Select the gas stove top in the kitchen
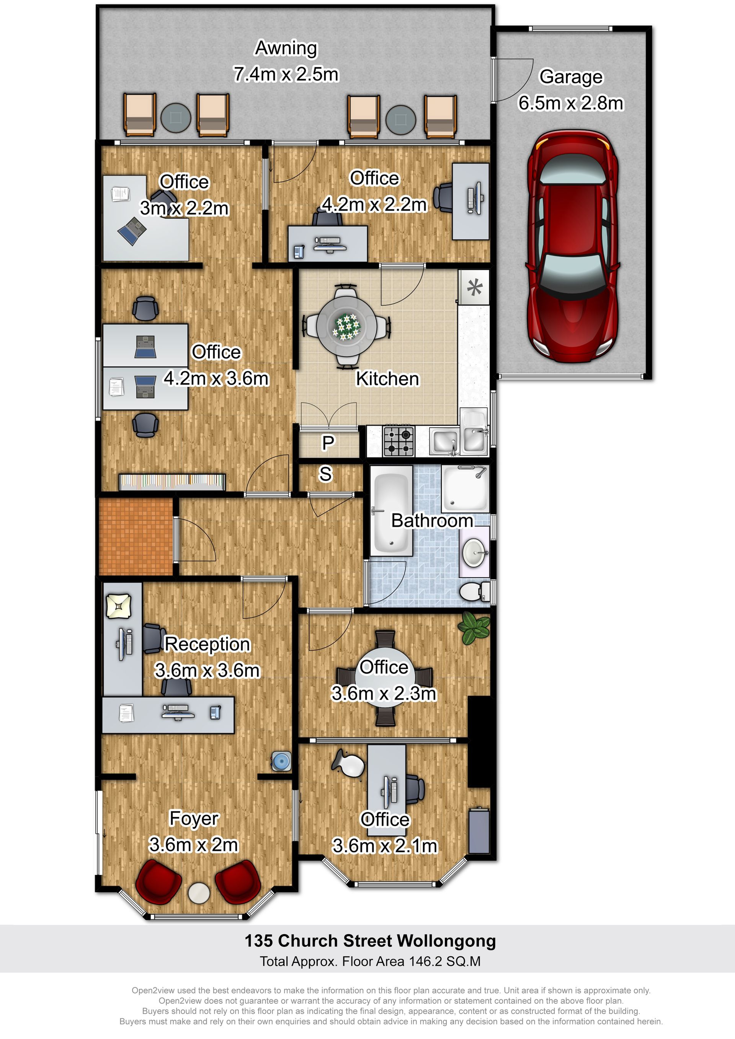point(399,441)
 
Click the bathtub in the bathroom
point(392,510)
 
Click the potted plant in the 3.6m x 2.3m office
point(474,628)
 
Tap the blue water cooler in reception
point(281,761)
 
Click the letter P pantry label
point(328,443)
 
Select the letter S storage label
point(326,474)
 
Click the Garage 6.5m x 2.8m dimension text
point(571,90)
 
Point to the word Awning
point(286,48)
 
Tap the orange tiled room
point(136,536)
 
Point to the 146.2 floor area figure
point(425,961)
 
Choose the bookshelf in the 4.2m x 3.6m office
point(172,482)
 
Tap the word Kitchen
point(388,379)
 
